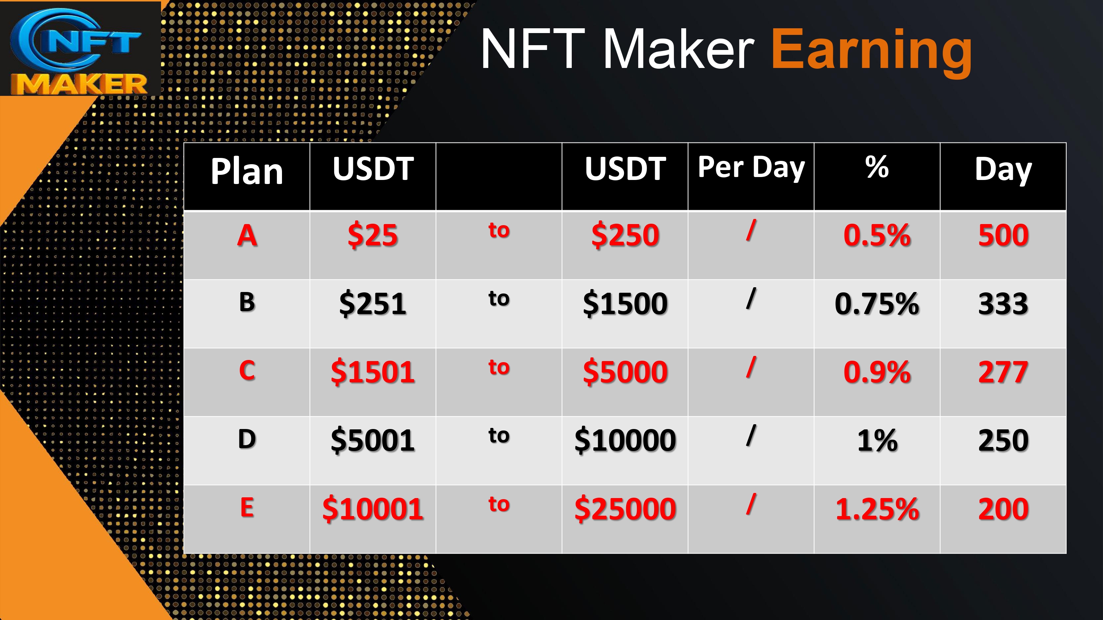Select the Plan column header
point(247,171)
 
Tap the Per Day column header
point(751,168)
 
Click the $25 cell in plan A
point(372,235)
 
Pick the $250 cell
point(625,235)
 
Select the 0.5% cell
point(877,235)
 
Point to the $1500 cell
point(625,303)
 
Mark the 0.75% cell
point(877,304)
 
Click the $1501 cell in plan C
point(372,372)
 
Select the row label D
point(247,439)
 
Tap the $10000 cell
point(625,440)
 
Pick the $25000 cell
point(625,509)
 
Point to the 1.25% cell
point(877,509)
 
